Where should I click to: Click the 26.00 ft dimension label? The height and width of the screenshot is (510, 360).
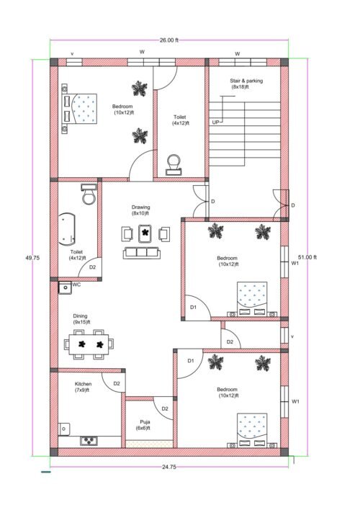pyautogui.click(x=168, y=40)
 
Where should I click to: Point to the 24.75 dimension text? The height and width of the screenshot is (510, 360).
pyautogui.click(x=168, y=467)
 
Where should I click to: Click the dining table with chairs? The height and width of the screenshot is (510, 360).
pyautogui.click(x=90, y=344)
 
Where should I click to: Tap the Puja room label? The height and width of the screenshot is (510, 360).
pyautogui.click(x=143, y=426)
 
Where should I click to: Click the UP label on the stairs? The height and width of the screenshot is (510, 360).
pyautogui.click(x=215, y=122)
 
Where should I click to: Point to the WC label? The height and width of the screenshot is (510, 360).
pyautogui.click(x=77, y=285)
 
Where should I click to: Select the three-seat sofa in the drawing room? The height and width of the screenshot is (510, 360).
pyautogui.click(x=141, y=252)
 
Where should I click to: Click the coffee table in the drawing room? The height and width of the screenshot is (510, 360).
pyautogui.click(x=145, y=233)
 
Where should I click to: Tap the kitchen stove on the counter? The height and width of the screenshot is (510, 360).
pyautogui.click(x=90, y=439)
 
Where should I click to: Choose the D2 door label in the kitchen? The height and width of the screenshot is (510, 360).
pyautogui.click(x=116, y=383)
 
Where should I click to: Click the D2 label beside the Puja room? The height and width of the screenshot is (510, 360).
pyautogui.click(x=165, y=408)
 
